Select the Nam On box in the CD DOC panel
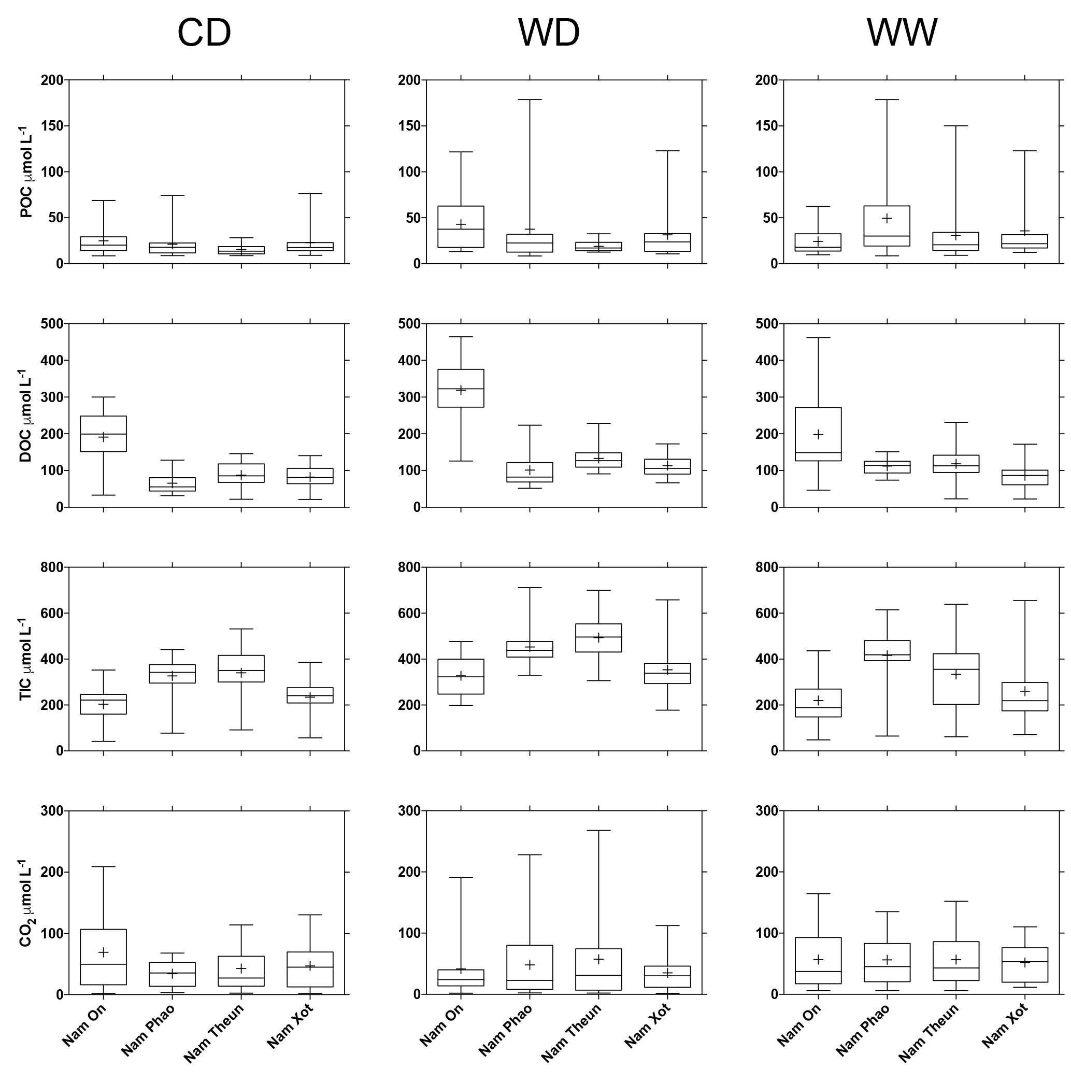click(x=103, y=433)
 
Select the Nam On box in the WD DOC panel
click(x=461, y=388)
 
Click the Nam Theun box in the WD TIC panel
click(x=598, y=637)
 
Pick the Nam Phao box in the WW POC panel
click(x=887, y=226)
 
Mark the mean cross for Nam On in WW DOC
click(x=818, y=434)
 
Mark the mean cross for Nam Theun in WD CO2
click(x=598, y=959)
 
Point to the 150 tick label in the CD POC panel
click(x=52, y=126)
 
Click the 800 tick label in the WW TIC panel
click(x=767, y=567)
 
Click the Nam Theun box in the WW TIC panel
click(x=956, y=679)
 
